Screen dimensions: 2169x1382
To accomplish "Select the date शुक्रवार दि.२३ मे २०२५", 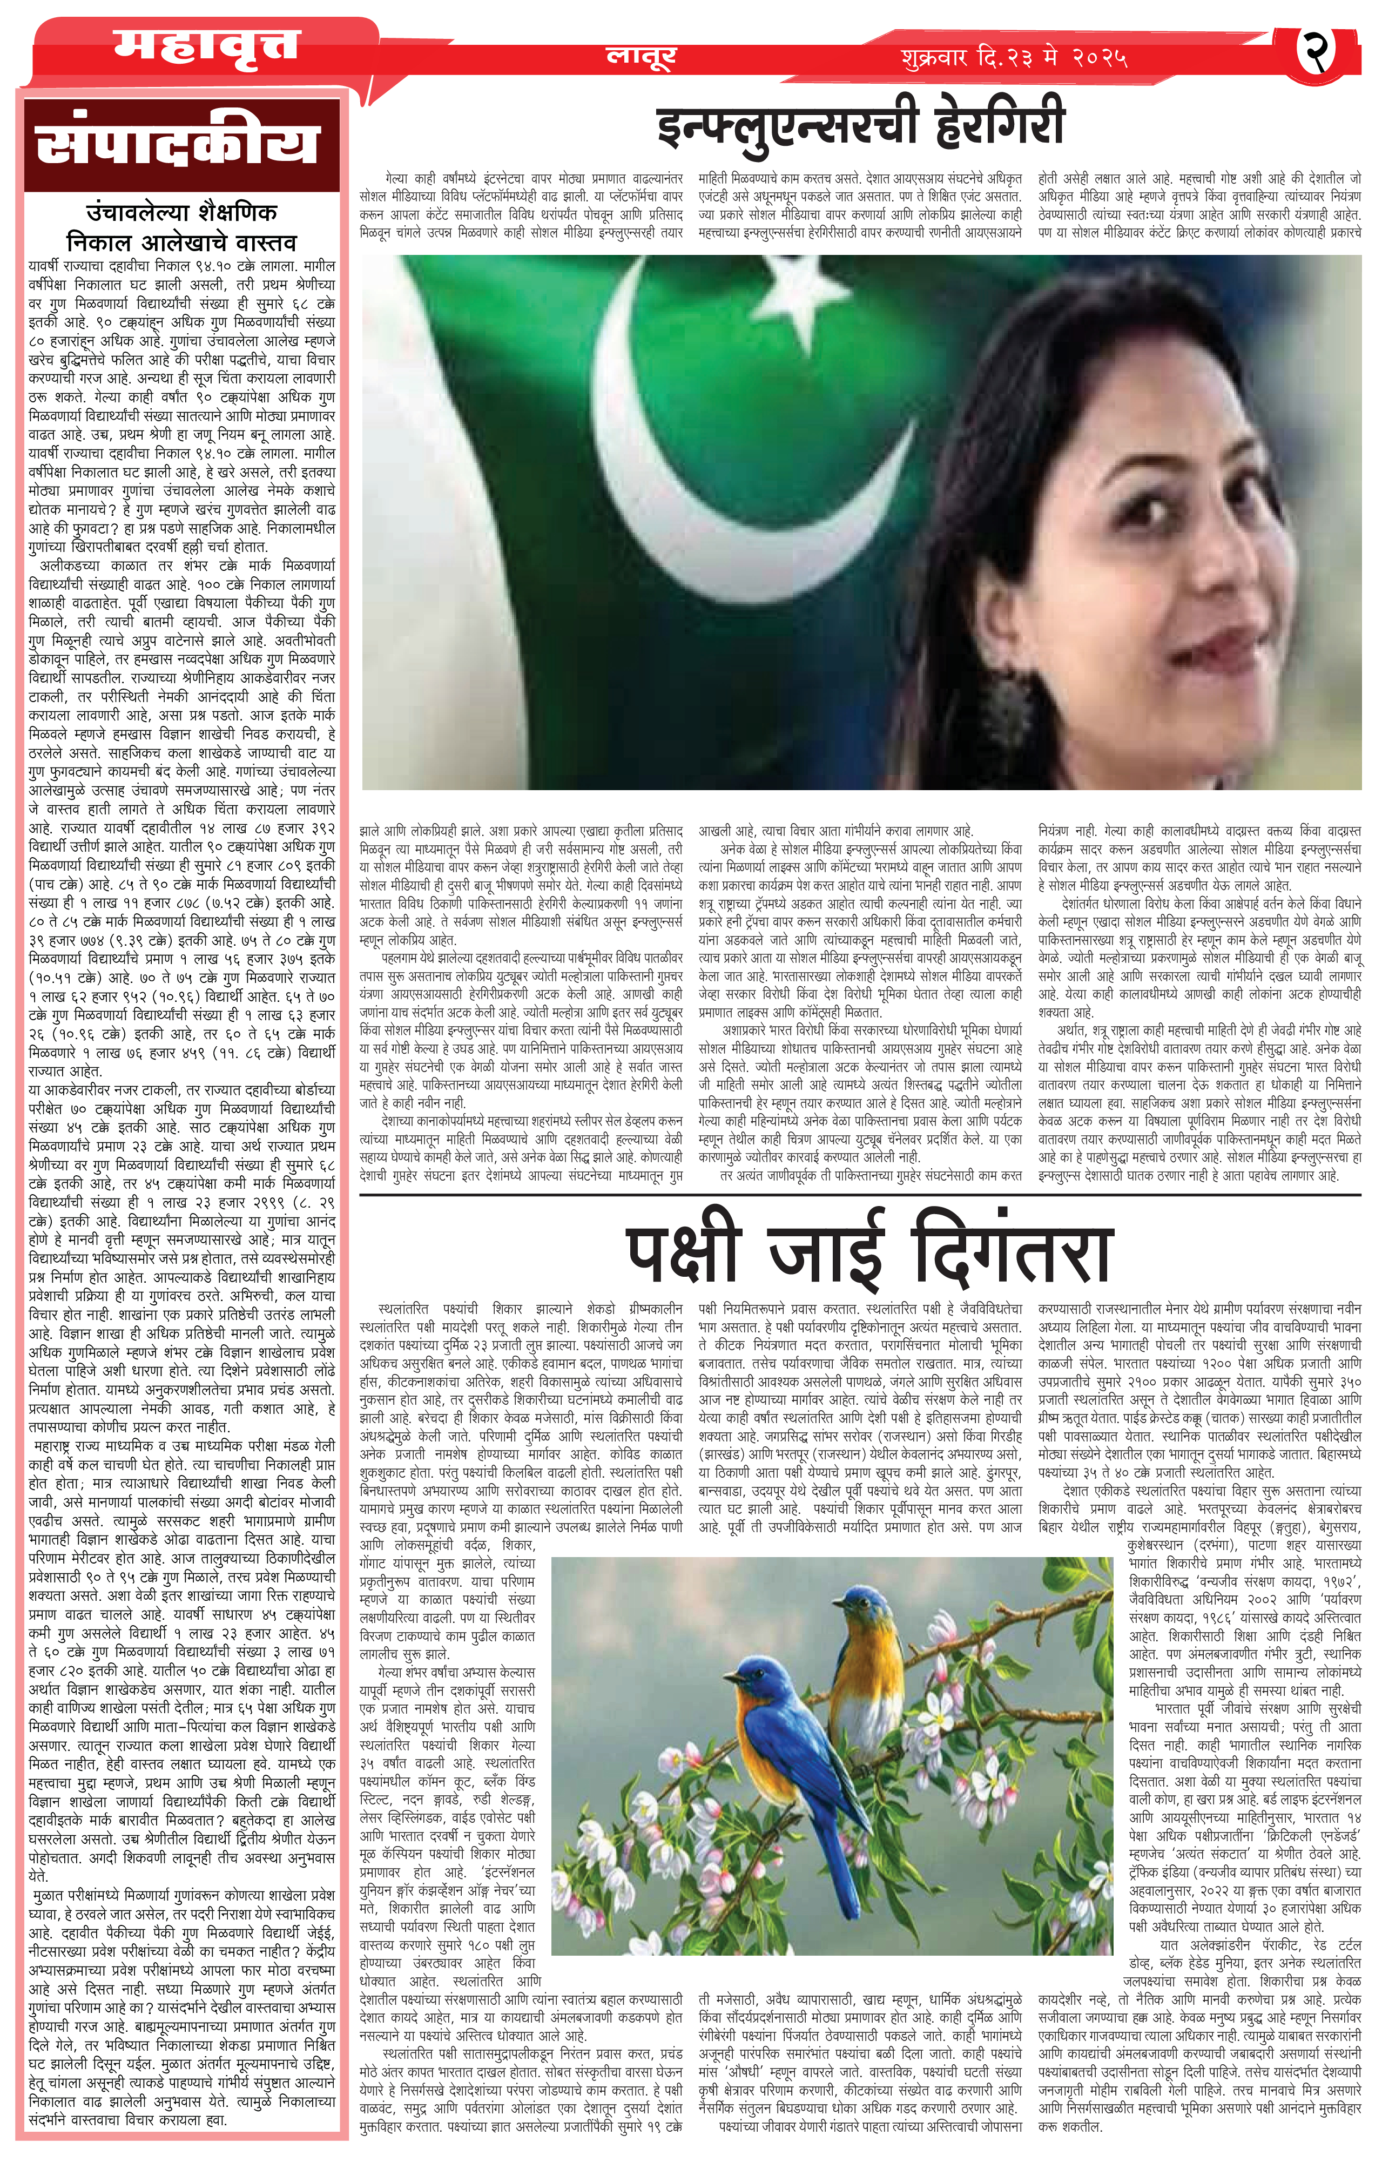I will click(1014, 58).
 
